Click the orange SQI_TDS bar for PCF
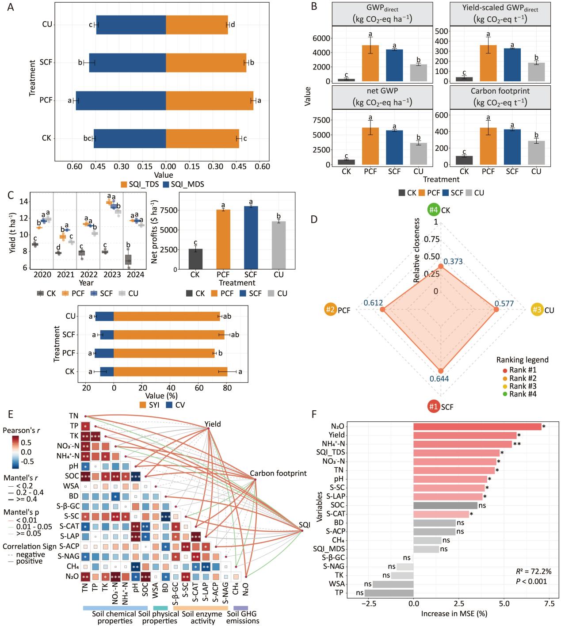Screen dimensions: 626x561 click(x=209, y=101)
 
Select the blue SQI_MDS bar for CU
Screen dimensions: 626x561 click(x=131, y=25)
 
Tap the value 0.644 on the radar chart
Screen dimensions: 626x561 click(x=439, y=378)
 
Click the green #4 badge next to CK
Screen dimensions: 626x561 click(x=433, y=210)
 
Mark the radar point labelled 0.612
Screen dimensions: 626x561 click(x=382, y=310)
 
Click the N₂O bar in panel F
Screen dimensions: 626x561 click(x=477, y=427)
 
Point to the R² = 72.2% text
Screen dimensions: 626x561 click(x=529, y=572)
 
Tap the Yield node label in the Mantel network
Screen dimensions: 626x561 click(x=213, y=424)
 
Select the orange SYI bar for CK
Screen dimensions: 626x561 click(x=170, y=372)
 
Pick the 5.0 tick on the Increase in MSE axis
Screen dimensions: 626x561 click(x=504, y=603)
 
